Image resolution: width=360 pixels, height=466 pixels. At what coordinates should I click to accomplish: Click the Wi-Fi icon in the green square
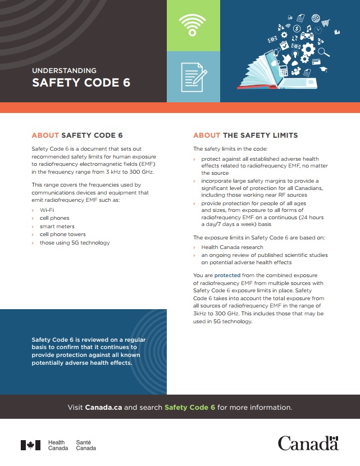point(193,25)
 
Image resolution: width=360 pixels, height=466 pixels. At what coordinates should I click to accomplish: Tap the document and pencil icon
point(193,77)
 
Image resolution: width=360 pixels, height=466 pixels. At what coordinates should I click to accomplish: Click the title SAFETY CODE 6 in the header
point(81,83)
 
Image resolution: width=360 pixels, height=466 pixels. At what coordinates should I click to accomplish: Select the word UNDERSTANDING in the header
point(64,71)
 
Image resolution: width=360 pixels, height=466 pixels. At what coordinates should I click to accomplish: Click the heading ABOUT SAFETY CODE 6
point(77,135)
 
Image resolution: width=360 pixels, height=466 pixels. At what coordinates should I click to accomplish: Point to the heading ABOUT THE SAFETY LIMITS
point(245,135)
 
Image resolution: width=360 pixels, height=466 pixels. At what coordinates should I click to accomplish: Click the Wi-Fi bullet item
point(47,210)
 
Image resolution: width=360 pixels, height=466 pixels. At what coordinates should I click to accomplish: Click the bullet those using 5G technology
point(74,243)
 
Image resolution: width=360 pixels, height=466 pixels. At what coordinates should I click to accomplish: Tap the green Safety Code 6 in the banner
point(190,407)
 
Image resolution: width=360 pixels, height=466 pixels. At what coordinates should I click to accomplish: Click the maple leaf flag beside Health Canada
point(30,445)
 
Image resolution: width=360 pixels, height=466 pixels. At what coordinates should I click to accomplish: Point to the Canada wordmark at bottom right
point(308,444)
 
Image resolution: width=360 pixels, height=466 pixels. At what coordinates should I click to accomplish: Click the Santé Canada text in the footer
point(86,445)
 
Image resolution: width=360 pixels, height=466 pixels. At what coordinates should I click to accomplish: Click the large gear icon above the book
point(307,49)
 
